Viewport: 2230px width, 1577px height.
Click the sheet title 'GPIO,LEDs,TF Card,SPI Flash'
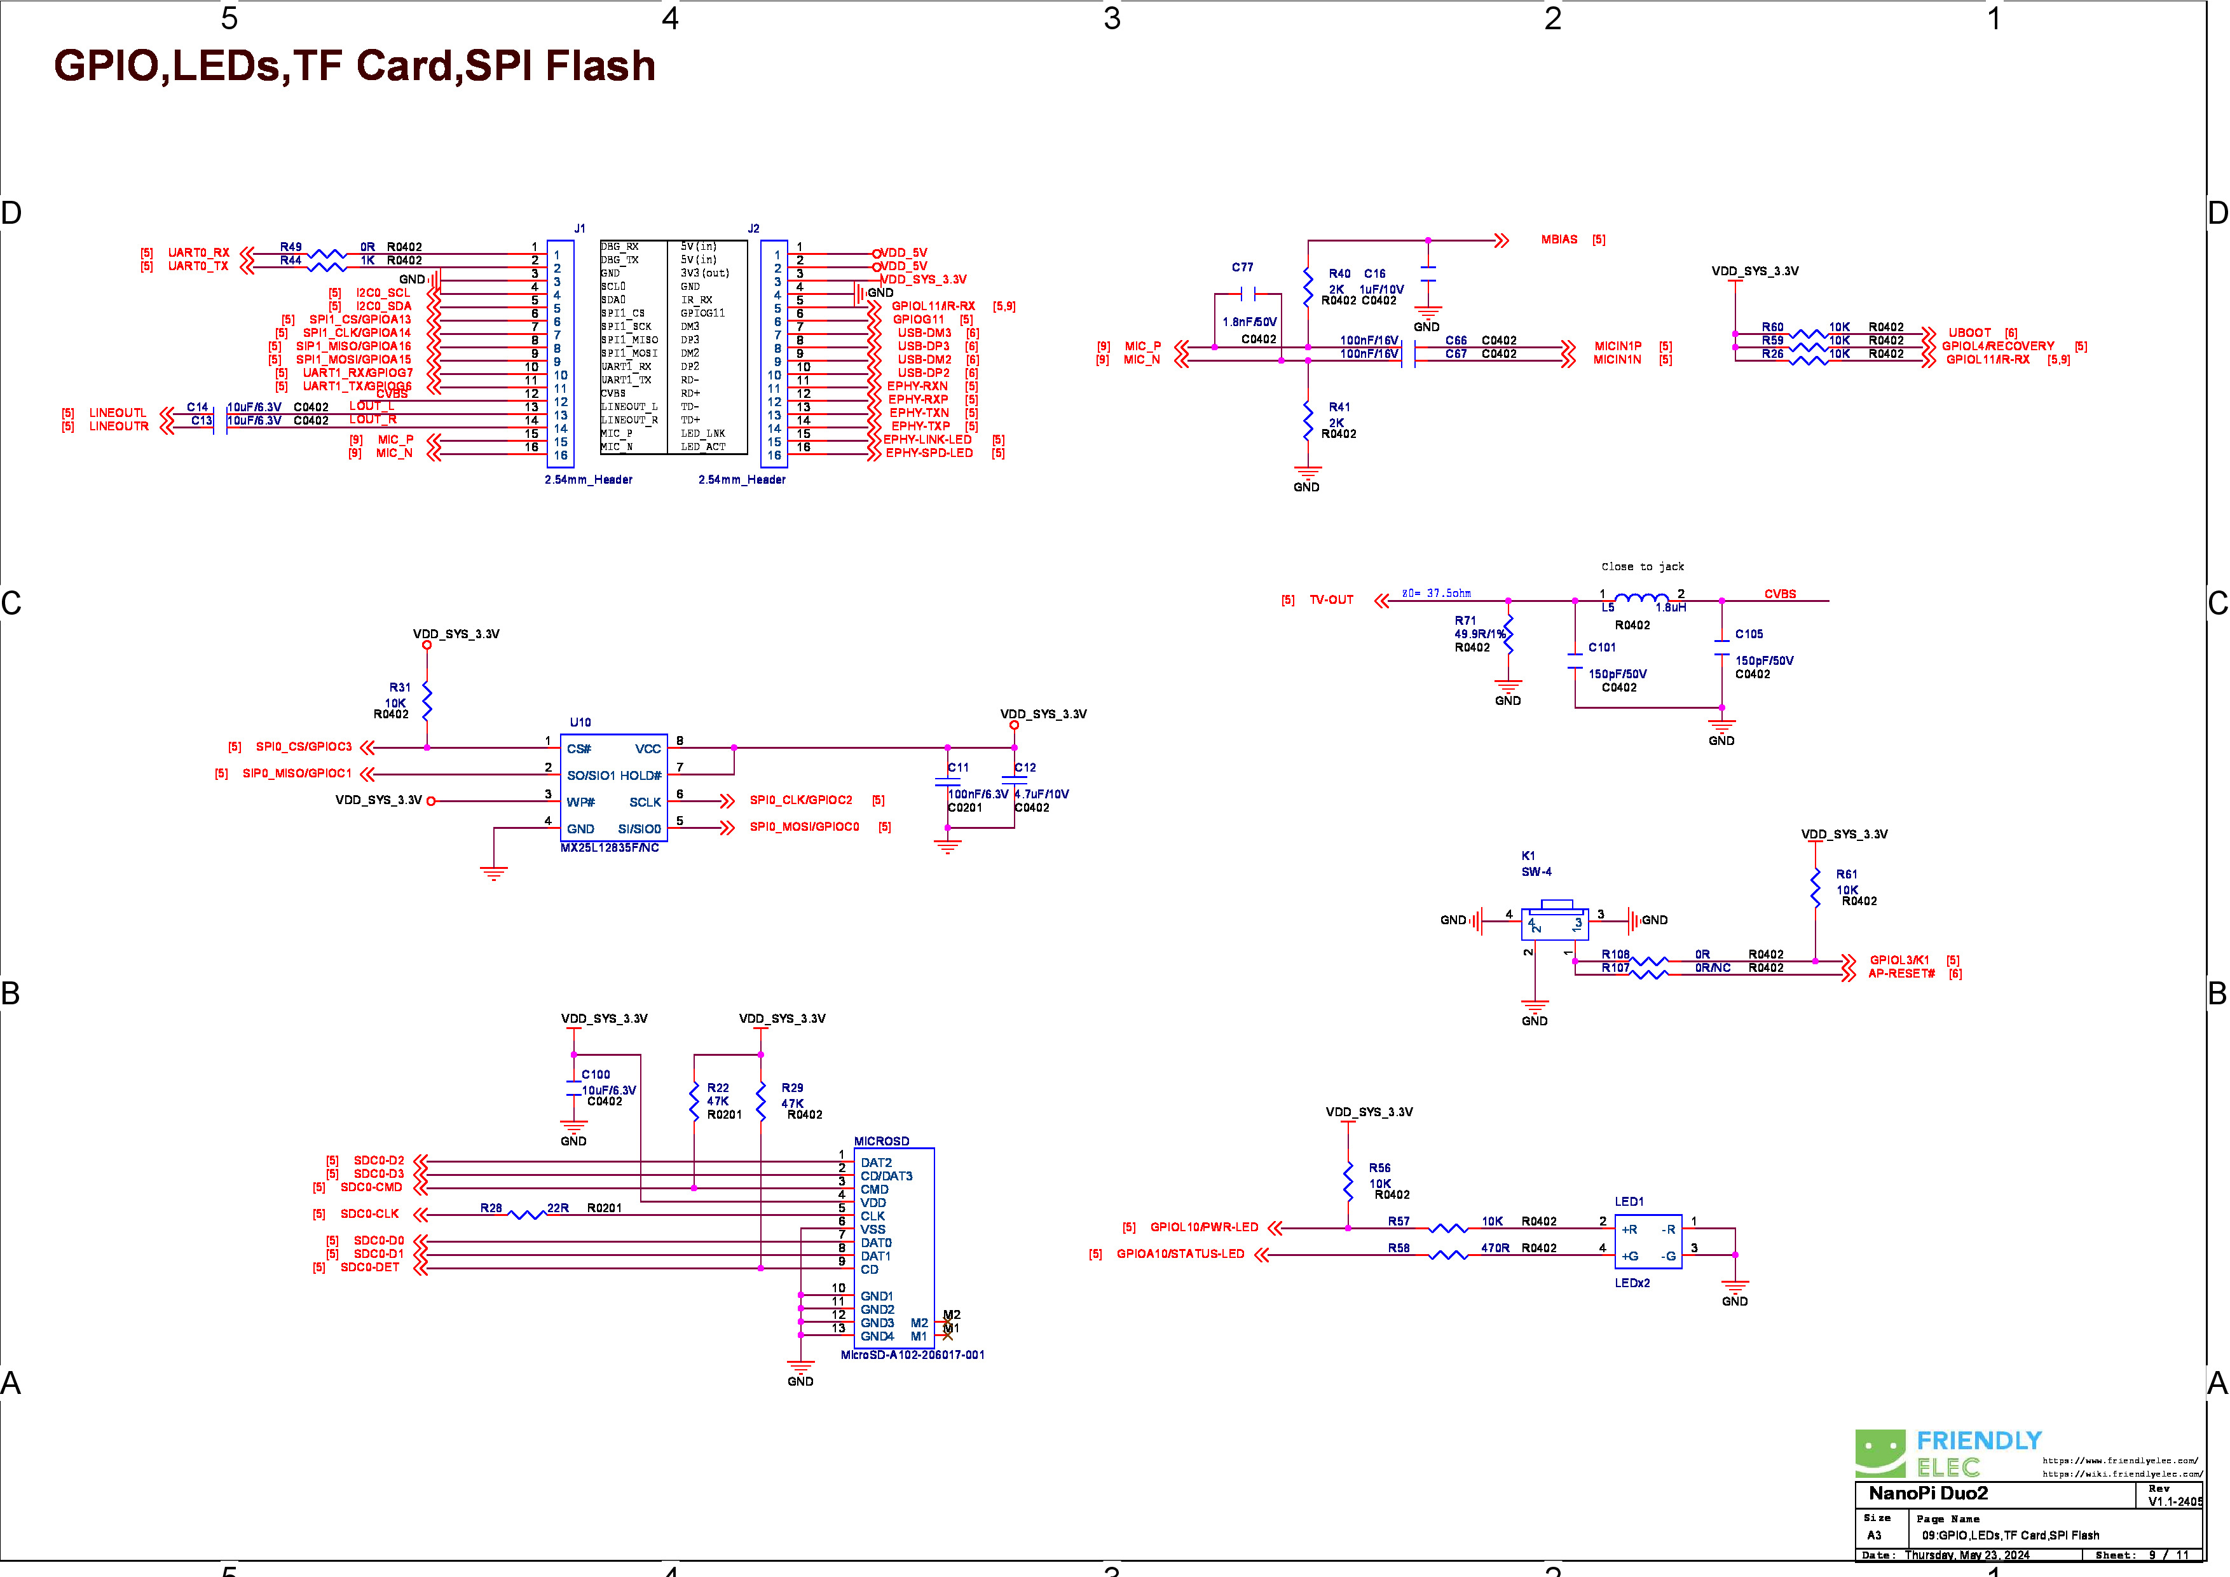pos(355,66)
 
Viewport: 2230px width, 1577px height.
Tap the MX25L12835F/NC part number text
pos(610,848)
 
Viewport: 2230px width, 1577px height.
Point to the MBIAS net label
pos(1559,240)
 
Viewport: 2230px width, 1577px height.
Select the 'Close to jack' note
pos(1643,567)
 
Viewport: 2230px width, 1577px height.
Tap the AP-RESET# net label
pos(1901,974)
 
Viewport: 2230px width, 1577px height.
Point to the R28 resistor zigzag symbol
pos(528,1215)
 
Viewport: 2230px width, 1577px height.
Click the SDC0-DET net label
pos(369,1268)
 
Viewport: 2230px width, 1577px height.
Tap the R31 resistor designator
pos(399,688)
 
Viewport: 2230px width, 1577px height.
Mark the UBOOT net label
pos(1969,333)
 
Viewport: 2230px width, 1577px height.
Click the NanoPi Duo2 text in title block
pos(1928,1494)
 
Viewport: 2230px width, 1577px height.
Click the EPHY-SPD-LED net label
pos(929,453)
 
